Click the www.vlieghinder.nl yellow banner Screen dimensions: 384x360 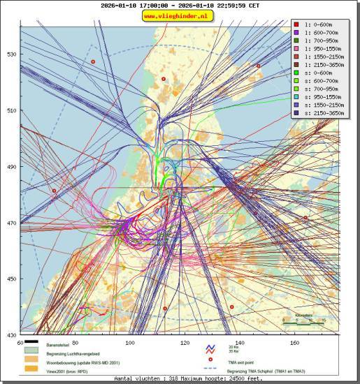coord(179,15)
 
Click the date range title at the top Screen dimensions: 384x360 coord(179,6)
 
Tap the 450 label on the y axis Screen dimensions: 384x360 coord(12,279)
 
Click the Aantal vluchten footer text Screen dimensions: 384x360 coord(179,378)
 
